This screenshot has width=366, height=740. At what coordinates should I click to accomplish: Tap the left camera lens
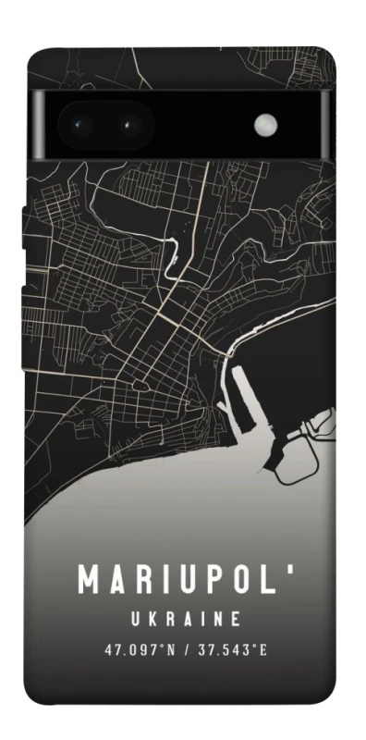tap(80, 123)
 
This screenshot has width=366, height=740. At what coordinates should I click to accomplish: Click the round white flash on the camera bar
tap(266, 123)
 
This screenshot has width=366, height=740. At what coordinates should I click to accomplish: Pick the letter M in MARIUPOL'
tap(89, 580)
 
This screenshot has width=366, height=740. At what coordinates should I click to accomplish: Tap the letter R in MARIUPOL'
tap(140, 580)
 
